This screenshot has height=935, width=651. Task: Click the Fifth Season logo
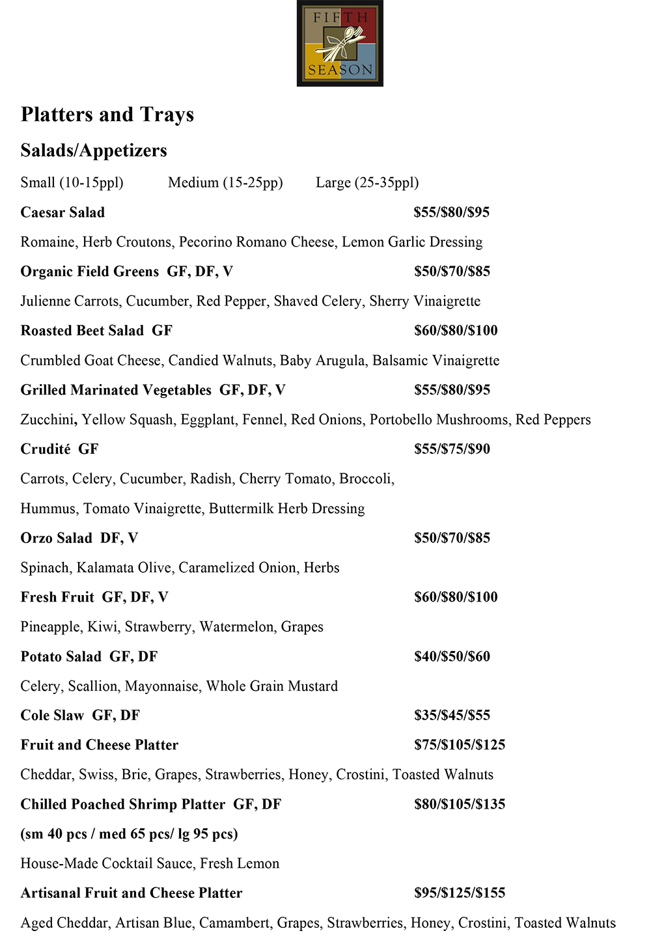point(340,44)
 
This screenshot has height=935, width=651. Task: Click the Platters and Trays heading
point(107,115)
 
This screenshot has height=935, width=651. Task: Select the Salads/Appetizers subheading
point(94,150)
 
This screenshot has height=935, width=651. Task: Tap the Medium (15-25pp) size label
point(225,183)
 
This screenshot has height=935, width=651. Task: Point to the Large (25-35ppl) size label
point(367,183)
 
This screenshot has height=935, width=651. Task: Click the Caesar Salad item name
point(62,212)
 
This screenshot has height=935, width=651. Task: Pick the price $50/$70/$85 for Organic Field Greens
point(452,272)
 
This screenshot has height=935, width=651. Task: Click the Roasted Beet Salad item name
point(82,331)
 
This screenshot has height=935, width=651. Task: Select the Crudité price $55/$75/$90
point(452,449)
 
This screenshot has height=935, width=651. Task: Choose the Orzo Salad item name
point(57,538)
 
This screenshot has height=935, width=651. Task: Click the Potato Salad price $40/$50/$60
point(452,656)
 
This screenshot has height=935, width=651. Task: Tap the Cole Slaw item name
point(52,716)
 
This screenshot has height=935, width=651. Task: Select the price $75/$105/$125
point(460,745)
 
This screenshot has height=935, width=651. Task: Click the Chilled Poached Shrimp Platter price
point(460,804)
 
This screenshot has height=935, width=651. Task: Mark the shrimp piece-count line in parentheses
point(129,834)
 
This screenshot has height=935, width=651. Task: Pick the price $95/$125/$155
point(460,893)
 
